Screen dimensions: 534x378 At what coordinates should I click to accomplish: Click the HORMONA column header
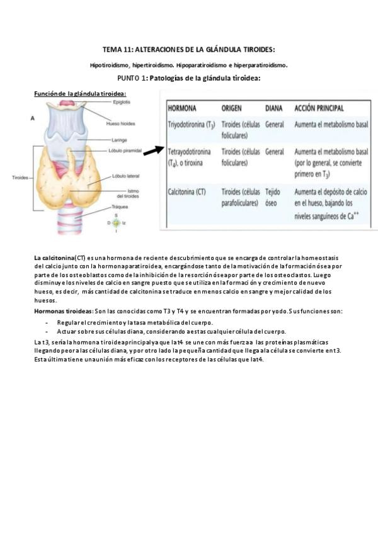[182, 108]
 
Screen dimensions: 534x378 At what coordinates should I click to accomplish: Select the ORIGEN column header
[232, 108]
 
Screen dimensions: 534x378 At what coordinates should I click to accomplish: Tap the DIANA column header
[273, 108]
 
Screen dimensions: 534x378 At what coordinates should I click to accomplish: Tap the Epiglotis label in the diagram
[122, 102]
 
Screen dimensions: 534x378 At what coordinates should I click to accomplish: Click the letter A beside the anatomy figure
[32, 118]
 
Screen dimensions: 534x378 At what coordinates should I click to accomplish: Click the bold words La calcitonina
[54, 258]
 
